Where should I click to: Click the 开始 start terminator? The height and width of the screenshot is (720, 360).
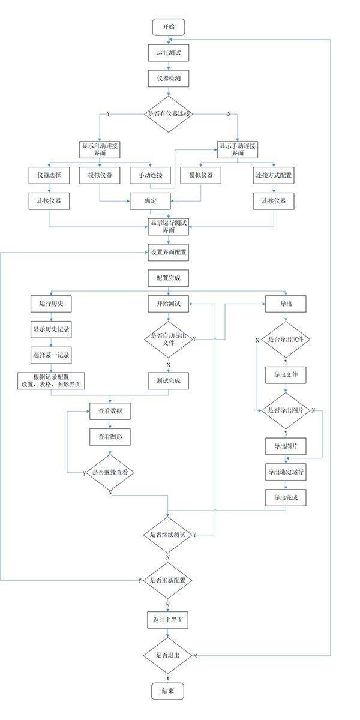[169, 28]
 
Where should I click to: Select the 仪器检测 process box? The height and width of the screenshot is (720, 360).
[169, 79]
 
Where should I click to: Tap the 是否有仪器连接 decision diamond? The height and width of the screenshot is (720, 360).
[169, 113]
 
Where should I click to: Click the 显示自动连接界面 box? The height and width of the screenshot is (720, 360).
[99, 149]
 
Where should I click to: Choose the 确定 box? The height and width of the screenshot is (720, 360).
[150, 201]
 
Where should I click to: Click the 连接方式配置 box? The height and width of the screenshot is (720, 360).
[274, 175]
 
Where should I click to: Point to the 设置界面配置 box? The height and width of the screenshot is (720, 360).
[169, 253]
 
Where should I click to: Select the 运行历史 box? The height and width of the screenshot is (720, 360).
[51, 304]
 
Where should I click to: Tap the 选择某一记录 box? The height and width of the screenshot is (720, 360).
[51, 355]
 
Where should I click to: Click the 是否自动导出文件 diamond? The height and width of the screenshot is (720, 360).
[168, 338]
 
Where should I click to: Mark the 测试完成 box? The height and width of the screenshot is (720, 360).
[168, 380]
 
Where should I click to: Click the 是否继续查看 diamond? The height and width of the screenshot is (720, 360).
[110, 472]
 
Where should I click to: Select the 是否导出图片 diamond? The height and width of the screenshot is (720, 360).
[286, 410]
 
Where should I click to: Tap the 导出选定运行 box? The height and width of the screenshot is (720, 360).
[286, 472]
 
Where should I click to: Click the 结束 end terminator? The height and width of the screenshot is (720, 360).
[168, 691]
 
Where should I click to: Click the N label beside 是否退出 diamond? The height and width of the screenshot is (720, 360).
[196, 656]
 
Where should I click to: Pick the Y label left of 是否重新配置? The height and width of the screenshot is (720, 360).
[139, 581]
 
